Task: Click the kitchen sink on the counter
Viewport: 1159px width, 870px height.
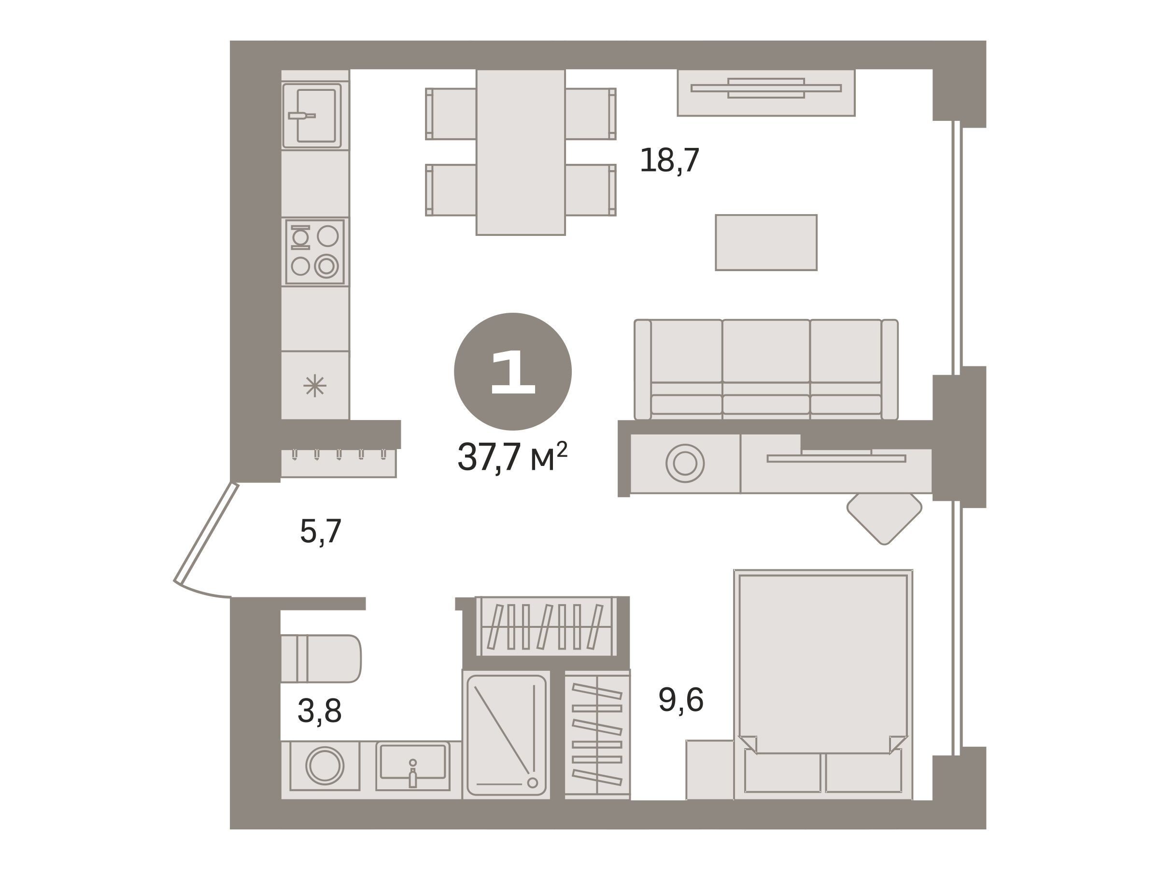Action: coord(312,116)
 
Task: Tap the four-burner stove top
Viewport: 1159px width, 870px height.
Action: coord(315,252)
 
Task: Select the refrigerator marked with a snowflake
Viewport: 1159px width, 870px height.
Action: coord(315,385)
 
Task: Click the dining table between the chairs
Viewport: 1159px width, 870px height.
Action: coord(520,152)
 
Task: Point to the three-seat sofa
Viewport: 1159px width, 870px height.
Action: coord(766,370)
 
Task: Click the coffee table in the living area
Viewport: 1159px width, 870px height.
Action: coord(766,242)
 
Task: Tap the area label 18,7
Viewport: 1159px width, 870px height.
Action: coord(670,160)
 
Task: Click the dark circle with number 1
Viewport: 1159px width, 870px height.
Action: coord(512,372)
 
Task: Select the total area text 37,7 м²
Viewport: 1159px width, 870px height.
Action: coord(512,457)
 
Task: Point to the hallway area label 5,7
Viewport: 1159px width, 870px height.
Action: coord(321,531)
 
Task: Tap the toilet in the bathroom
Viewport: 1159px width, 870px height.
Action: coord(321,659)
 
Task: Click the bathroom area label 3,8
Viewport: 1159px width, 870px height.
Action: coord(320,711)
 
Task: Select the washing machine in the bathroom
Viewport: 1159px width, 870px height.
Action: coord(325,766)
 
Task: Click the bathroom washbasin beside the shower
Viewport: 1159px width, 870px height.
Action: coord(413,766)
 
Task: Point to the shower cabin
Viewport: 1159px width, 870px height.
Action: coord(506,735)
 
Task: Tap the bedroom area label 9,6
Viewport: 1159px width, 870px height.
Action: coord(680,699)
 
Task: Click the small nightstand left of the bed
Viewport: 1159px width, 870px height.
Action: coord(710,770)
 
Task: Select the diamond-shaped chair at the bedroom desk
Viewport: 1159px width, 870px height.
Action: coord(884,518)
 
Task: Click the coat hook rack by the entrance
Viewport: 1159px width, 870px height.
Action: coord(339,463)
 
